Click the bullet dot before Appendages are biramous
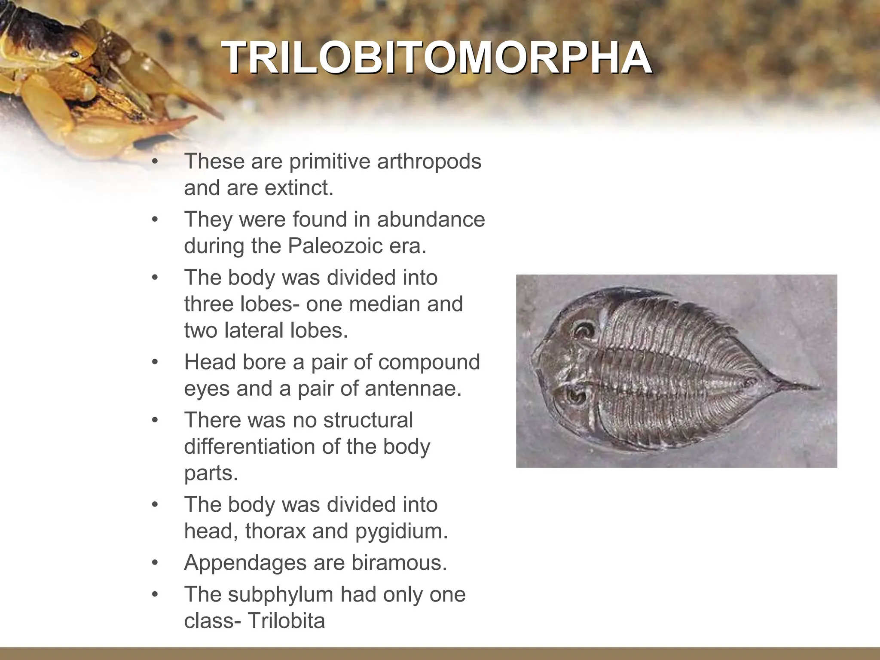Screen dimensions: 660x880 (x=155, y=562)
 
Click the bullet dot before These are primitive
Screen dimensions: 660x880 (x=155, y=162)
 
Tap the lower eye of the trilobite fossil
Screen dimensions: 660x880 (x=574, y=396)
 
